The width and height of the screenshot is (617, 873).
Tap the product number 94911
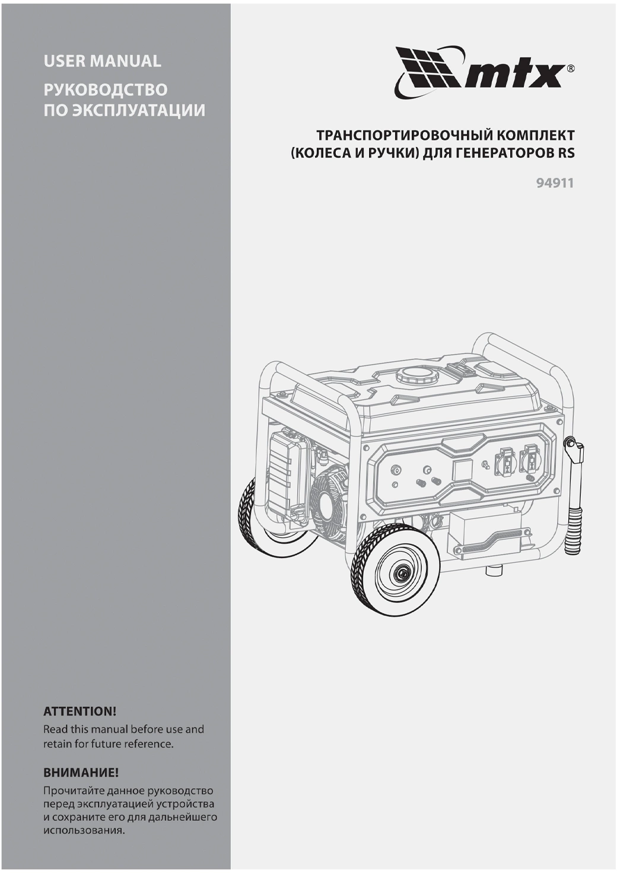tap(555, 183)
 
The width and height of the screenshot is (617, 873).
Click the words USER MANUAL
tap(102, 60)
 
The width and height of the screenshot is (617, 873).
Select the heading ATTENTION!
tap(79, 711)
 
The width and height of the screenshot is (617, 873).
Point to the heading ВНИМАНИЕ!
tap(81, 773)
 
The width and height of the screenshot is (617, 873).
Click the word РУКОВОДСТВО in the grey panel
tap(106, 90)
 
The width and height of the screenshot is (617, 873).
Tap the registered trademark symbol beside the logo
tap(571, 69)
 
